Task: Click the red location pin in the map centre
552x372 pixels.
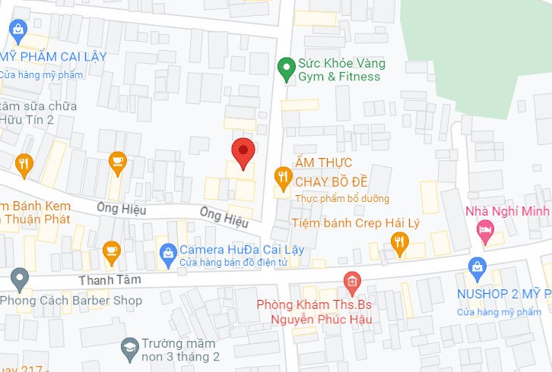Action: pyautogui.click(x=243, y=153)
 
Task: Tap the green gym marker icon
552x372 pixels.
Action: pyautogui.click(x=286, y=68)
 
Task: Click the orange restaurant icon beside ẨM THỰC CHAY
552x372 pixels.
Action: pyautogui.click(x=283, y=178)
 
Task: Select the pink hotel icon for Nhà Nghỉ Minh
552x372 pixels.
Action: pyautogui.click(x=484, y=229)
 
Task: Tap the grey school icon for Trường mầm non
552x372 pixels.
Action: pyautogui.click(x=129, y=348)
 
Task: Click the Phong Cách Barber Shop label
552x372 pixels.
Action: pyautogui.click(x=71, y=301)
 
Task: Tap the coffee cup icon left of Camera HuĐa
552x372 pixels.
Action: pyautogui.click(x=112, y=251)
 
